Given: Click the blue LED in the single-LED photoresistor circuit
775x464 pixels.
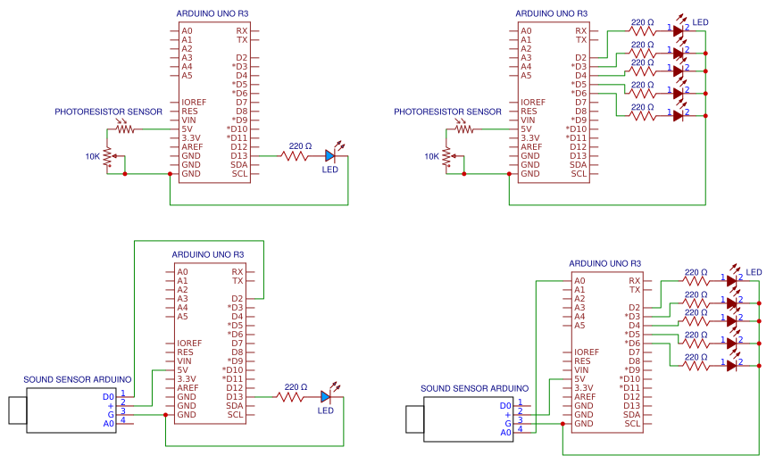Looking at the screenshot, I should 329,156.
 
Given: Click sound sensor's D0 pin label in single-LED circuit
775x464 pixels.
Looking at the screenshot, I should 109,396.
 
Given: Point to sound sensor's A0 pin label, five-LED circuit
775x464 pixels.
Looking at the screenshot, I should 505,432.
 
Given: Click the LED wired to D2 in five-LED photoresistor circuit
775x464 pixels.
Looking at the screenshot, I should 678,30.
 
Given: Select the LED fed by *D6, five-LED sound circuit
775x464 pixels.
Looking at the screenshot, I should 731,365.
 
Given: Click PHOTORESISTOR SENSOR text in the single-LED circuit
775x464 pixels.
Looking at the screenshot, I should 108,112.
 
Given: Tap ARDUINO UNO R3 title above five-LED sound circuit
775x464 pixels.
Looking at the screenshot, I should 604,263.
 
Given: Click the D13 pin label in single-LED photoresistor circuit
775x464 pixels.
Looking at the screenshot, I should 239,156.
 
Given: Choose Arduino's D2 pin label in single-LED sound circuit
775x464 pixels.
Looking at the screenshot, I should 237,299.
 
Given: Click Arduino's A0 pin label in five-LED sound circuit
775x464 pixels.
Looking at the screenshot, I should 580,281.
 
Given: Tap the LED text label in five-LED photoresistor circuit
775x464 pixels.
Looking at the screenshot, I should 700,21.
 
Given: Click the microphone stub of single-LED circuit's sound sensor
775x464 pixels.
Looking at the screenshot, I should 17,410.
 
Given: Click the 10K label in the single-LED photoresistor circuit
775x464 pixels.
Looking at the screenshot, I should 93,156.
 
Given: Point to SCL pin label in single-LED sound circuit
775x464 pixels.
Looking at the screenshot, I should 235,415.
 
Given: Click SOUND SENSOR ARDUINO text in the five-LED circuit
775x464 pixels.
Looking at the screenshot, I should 474,389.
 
